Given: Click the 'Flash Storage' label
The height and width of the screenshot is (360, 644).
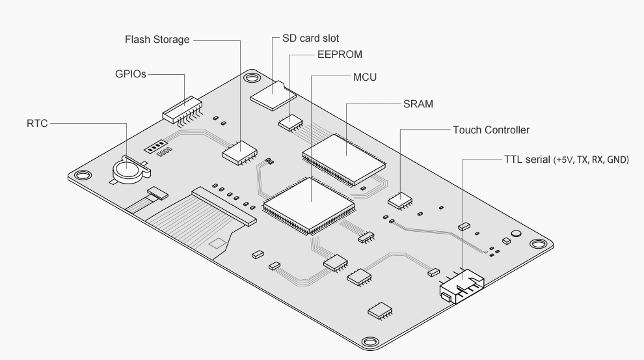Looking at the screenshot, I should point(157,40).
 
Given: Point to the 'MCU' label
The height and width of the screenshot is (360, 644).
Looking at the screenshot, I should point(365,77).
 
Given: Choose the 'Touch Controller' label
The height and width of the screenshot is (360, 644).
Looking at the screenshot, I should point(490,130).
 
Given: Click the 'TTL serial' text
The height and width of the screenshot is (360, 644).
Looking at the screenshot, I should point(527,159).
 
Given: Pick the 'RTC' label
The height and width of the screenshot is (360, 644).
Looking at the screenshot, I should point(37,122).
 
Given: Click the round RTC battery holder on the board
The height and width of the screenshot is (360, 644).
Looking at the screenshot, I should point(127,170).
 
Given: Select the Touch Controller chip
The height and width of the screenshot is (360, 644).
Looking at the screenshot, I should point(400,199).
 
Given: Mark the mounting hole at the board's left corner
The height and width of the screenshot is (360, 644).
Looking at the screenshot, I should point(81,175).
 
